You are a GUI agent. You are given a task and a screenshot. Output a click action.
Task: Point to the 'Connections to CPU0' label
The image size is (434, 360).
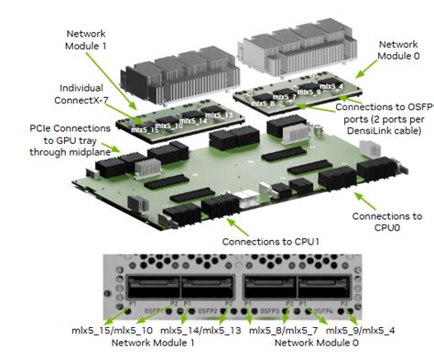(387, 224)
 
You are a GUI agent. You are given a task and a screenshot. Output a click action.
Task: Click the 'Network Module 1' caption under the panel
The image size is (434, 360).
(152, 342)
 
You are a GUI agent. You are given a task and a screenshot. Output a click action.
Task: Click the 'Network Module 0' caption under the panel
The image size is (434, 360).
(317, 342)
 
